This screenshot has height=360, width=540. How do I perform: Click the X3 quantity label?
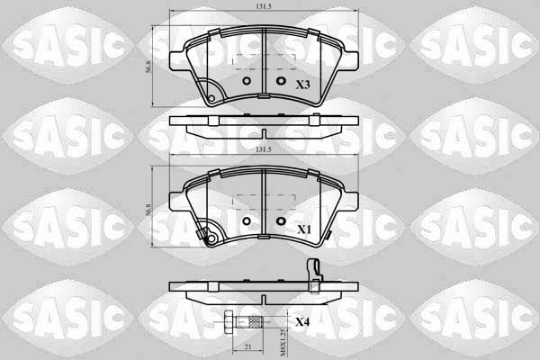tap(303, 85)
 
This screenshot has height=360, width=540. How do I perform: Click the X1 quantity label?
tap(304, 229)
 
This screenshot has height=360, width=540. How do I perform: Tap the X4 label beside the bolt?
tap(302, 322)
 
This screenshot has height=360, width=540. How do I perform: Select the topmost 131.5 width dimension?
tap(264, 6)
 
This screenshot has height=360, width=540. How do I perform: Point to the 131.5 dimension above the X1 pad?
tap(264, 149)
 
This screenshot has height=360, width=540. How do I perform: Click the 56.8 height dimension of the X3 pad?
tap(148, 67)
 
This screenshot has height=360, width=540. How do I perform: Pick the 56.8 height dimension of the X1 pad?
tap(148, 210)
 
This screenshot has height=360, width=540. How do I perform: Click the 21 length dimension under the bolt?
tap(247, 346)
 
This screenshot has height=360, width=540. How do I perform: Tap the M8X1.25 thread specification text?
tap(283, 342)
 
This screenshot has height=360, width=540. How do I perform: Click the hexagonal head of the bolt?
tap(229, 322)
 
